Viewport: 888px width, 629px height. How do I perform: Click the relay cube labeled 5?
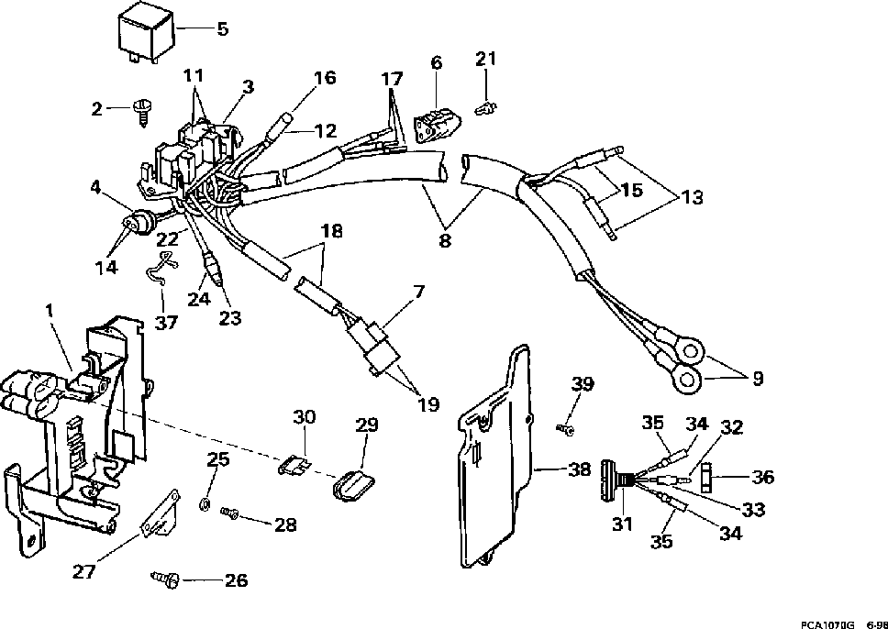click(x=146, y=35)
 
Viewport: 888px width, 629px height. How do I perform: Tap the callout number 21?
click(x=486, y=59)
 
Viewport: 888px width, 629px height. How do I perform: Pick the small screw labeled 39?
click(x=566, y=431)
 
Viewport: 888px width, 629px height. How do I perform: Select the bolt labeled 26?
click(x=165, y=578)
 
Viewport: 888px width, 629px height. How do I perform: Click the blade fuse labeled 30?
click(x=295, y=467)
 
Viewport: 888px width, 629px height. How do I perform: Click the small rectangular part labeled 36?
click(x=707, y=477)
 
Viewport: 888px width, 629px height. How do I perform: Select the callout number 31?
click(x=621, y=524)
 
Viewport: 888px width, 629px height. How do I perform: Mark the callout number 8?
click(x=445, y=241)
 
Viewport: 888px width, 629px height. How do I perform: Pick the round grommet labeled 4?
click(x=139, y=221)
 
